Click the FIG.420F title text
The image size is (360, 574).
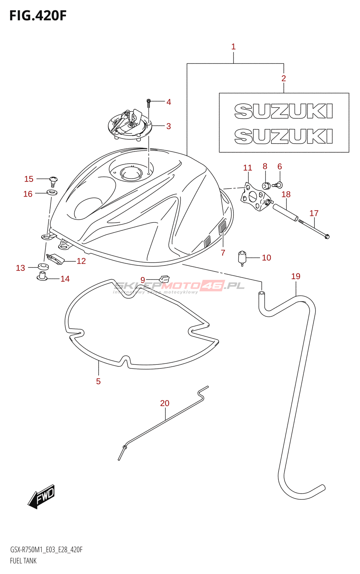coord(38,16)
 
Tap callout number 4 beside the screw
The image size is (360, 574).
coord(169,102)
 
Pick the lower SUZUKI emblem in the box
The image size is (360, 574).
coord(283,136)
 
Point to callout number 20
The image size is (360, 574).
coord(165,403)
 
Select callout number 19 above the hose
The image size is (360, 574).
coord(296,276)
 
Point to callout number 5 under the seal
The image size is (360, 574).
coord(98,381)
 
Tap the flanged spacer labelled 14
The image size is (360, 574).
coord(42,277)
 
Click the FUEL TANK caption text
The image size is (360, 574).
coord(23,561)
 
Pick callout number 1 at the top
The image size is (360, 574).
coord(233,47)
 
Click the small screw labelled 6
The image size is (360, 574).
coord(278,185)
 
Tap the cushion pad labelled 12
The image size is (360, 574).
coord(55,259)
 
